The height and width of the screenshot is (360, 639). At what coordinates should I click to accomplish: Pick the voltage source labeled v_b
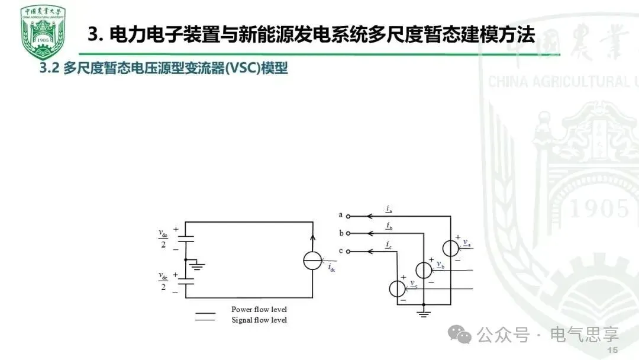point(424,269)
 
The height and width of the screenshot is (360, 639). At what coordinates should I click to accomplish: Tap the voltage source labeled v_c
point(397,288)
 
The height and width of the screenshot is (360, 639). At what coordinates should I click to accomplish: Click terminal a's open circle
point(348,216)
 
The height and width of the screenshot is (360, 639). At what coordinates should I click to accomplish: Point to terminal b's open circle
point(348,233)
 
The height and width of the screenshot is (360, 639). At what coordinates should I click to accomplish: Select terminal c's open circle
point(348,252)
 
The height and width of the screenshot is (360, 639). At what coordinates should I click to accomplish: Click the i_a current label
point(388,208)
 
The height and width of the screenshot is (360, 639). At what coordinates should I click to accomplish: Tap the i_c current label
point(388,245)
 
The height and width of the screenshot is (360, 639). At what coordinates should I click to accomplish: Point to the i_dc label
point(332,268)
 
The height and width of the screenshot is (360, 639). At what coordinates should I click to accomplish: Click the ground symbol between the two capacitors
point(198,266)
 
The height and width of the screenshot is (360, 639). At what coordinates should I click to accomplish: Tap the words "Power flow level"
point(259,310)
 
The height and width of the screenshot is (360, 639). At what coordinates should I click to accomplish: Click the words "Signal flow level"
point(259,320)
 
